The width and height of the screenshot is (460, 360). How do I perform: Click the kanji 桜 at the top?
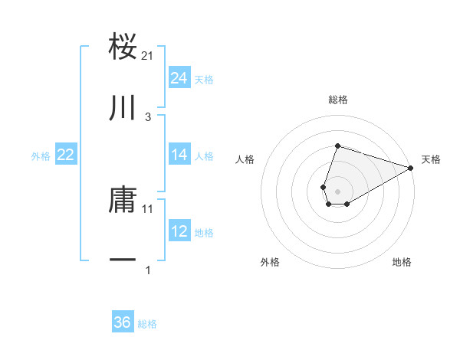(123, 47)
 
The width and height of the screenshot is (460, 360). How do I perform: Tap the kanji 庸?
(123, 200)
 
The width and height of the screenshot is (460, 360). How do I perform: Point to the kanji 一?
(123, 261)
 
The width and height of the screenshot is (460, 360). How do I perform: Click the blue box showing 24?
(179, 78)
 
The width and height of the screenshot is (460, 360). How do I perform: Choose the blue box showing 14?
(179, 155)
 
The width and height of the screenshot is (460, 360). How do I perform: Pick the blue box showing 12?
(179, 231)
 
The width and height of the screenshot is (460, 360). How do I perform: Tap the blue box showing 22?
(66, 155)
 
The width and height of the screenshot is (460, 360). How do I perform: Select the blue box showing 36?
(123, 322)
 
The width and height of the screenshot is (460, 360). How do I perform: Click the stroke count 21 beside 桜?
(148, 56)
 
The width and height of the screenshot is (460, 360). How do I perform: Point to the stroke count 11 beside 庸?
(148, 208)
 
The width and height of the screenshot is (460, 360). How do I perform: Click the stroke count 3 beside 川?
(148, 116)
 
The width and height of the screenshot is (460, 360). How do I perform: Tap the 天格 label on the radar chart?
(431, 159)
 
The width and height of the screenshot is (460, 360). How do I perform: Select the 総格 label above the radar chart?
(337, 100)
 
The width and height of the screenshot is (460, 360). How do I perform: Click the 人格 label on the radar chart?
(245, 159)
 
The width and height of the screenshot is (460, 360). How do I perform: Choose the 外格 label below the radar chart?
(270, 262)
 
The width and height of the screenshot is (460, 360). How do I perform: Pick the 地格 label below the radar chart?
(402, 262)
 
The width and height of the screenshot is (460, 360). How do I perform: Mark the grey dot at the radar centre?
(337, 190)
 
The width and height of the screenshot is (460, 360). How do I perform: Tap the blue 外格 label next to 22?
(41, 156)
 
